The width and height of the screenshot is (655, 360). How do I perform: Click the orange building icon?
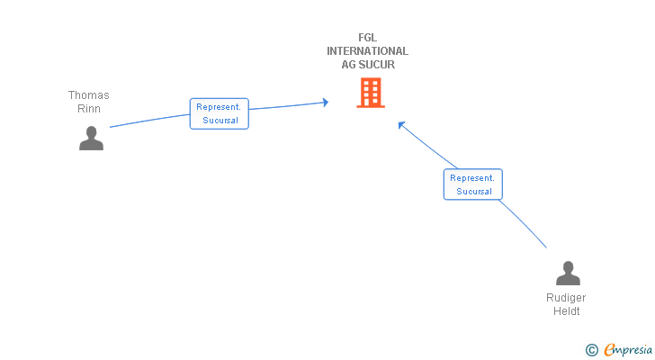click(371, 93)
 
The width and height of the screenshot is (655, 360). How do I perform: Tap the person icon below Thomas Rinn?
click(91, 138)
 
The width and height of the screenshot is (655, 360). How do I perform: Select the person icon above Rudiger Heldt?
click(568, 273)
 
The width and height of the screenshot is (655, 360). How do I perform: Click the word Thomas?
click(88, 95)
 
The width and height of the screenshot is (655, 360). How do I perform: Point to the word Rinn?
click(89, 109)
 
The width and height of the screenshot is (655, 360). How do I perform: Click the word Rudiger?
click(566, 298)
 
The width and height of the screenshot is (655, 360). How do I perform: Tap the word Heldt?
click(567, 311)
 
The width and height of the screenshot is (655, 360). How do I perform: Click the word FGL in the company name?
click(368, 38)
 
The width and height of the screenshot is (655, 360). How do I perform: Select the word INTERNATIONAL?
click(368, 51)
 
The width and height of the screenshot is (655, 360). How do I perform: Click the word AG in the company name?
click(348, 64)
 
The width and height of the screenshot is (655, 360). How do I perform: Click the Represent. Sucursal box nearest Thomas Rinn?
click(220, 113)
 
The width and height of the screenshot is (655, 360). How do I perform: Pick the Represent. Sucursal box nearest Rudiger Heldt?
click(473, 184)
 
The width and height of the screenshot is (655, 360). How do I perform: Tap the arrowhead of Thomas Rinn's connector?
click(326, 103)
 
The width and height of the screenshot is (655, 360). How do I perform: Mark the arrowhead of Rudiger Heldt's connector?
click(401, 124)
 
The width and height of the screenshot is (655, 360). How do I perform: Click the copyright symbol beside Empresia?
click(591, 350)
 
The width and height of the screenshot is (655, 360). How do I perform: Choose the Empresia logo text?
click(628, 350)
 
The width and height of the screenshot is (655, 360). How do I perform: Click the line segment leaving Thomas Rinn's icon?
click(149, 121)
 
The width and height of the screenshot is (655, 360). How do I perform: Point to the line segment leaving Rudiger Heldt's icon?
click(524, 223)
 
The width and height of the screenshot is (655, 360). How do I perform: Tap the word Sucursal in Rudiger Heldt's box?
click(474, 192)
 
